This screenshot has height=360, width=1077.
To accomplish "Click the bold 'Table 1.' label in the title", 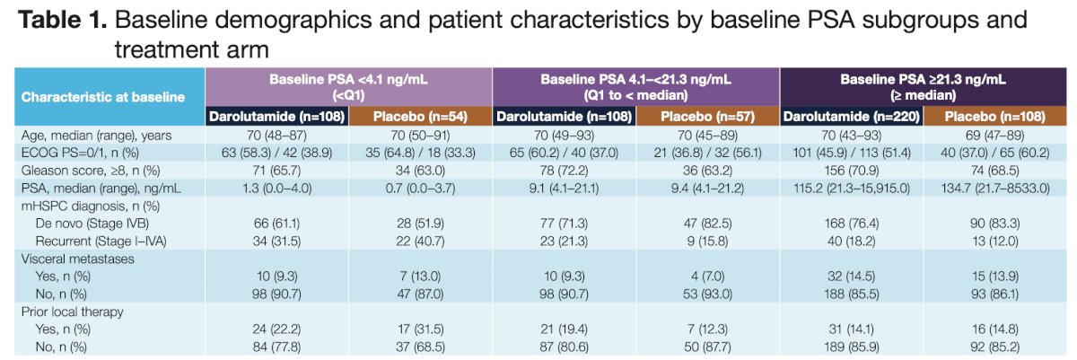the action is [62, 20].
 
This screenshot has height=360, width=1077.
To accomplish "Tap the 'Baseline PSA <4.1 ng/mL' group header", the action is [348, 79].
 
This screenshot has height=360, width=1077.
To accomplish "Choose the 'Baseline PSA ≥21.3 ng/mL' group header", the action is [923, 79].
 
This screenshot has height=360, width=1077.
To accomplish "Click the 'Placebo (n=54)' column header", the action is [420, 117].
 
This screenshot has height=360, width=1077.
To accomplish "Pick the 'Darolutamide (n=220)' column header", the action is [851, 117].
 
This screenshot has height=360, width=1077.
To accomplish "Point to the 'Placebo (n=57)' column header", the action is [707, 117].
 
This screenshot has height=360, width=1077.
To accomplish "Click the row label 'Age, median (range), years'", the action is [96, 135].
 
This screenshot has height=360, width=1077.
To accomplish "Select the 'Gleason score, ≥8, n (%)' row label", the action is [91, 171].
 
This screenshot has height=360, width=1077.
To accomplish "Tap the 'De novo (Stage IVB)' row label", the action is [92, 224].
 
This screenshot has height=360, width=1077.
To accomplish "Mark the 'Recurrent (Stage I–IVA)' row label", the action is [101, 241].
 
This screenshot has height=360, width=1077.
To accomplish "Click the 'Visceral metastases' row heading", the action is [77, 259].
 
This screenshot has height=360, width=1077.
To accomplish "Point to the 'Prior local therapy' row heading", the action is [72, 312].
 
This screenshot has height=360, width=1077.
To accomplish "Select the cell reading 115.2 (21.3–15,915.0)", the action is [852, 188].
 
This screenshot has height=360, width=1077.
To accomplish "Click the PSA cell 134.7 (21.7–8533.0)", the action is [994, 188].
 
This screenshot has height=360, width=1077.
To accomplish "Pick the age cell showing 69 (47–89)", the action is [994, 135].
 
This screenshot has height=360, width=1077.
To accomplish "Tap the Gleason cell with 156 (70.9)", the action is [852, 171].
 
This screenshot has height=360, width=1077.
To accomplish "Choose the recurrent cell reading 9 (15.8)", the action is [707, 241].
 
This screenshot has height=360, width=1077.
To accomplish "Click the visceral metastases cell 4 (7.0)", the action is [707, 277].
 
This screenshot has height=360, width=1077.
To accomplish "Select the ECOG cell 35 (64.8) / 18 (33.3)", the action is [420, 153].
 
